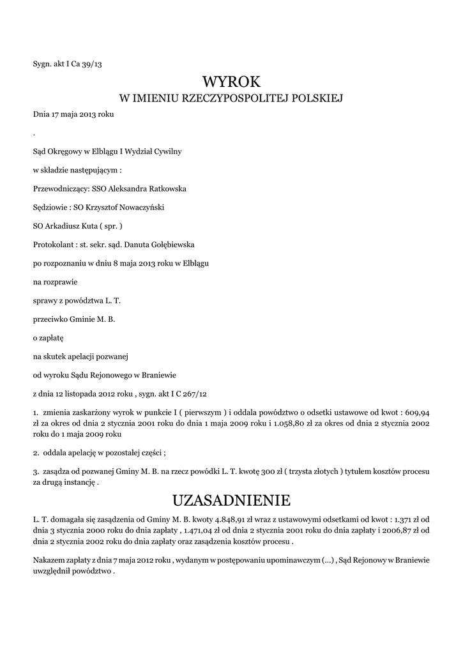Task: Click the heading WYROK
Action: (x=232, y=82)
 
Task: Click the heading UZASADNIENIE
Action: (x=232, y=499)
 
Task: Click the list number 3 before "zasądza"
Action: (x=35, y=471)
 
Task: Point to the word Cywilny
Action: (x=167, y=152)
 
